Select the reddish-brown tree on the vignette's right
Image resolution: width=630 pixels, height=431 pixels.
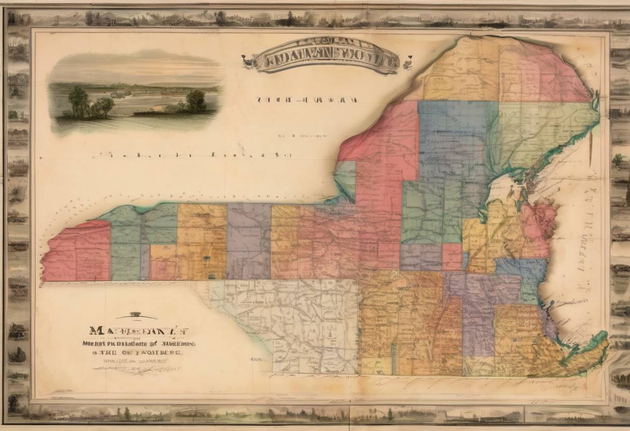196,100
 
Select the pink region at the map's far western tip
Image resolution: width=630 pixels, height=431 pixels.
78,251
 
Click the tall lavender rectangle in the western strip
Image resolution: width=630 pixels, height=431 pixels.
249,241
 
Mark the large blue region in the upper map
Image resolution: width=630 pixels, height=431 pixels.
451,140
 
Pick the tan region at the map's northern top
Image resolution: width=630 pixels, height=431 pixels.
461,73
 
